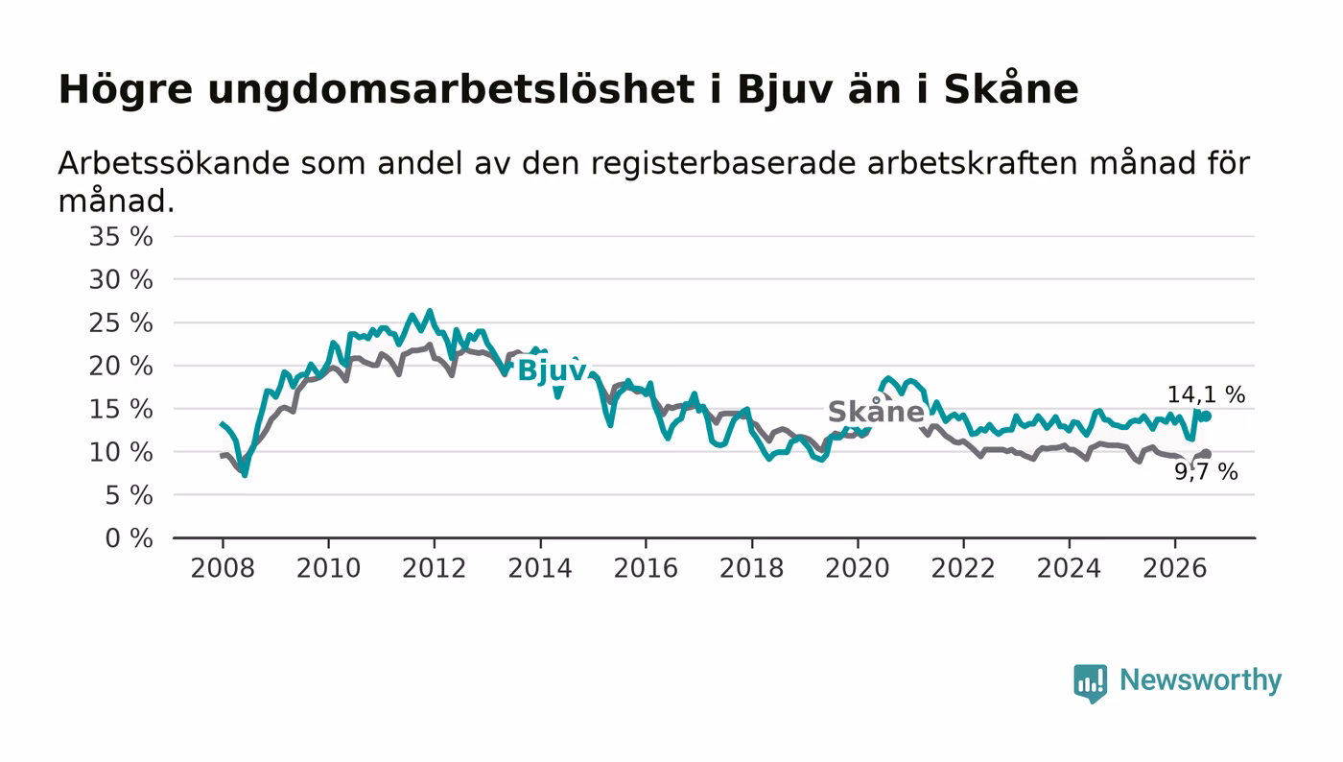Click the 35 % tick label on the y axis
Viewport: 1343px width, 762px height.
[121, 236]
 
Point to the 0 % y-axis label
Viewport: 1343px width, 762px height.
[129, 538]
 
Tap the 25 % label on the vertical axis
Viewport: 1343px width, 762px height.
[121, 322]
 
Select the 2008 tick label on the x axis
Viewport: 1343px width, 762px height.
[223, 568]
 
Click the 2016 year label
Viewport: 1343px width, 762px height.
[646, 568]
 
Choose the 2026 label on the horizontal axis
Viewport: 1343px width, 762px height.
[1174, 568]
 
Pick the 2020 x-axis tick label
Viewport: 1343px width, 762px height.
[858, 568]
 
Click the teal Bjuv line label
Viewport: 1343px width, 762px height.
[552, 370]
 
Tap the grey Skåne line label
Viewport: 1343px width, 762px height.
[876, 411]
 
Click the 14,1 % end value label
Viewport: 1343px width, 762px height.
[1207, 394]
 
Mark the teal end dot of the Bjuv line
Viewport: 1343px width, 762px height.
[1207, 416]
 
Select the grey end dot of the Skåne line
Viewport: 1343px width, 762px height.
[1207, 454]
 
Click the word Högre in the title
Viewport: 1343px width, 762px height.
[126, 90]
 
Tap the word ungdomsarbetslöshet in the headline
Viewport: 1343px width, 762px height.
[451, 90]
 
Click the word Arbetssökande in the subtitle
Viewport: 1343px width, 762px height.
[174, 163]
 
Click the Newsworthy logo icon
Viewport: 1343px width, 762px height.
[1090, 682]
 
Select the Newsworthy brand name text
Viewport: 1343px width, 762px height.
[1200, 680]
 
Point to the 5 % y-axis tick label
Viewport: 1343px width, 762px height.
[129, 495]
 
